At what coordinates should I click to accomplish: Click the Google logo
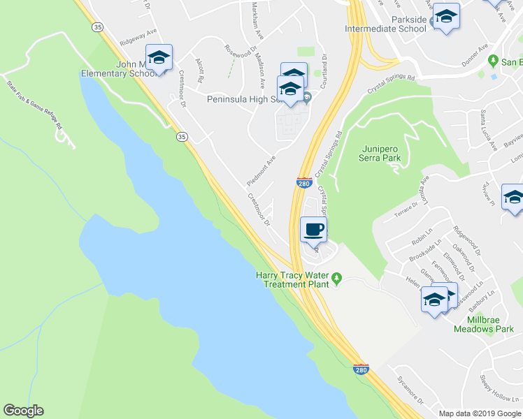click(23, 411)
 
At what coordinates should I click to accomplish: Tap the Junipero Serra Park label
click(382, 153)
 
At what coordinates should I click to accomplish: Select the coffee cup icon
click(314, 229)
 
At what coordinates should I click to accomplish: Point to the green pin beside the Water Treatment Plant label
click(336, 279)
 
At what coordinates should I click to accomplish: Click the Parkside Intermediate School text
click(386, 24)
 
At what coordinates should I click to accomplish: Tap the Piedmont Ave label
click(261, 170)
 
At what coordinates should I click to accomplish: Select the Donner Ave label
click(473, 55)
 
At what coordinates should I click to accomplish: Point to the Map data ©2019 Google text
click(480, 413)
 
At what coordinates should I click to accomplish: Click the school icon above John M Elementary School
click(159, 57)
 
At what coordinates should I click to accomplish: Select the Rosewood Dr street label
click(240, 50)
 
